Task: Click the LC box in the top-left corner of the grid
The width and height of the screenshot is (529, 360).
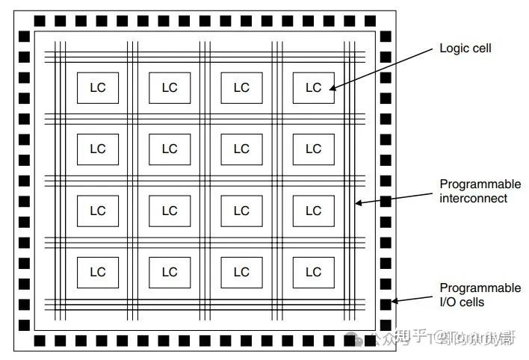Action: coord(97,87)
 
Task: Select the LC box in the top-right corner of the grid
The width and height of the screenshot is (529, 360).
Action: coord(313,87)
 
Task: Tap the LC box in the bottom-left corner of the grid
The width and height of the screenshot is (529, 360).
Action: coord(97,272)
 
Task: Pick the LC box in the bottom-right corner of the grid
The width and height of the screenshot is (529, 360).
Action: coord(313,272)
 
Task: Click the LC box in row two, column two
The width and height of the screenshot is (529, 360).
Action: coord(170,149)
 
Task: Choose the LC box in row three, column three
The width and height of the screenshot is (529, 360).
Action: coord(241,211)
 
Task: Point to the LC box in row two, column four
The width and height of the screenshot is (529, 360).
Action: coord(313,149)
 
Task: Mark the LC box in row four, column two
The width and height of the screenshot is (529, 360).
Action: coord(170,272)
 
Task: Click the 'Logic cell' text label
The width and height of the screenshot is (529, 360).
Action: coord(465,49)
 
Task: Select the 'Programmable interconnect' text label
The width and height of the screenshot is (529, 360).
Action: coord(480,191)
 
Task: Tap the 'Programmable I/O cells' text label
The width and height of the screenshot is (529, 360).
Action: coord(480,295)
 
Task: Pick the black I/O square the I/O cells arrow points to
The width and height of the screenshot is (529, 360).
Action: coord(386,303)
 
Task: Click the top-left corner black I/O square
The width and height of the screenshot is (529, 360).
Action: coord(24,20)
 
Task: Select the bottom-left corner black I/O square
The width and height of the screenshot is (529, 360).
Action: coord(24,341)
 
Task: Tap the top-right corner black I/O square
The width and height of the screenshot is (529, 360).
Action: coord(386,20)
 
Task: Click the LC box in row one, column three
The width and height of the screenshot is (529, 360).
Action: coord(241,87)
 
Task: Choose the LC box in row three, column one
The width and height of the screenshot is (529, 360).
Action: coord(97,211)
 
